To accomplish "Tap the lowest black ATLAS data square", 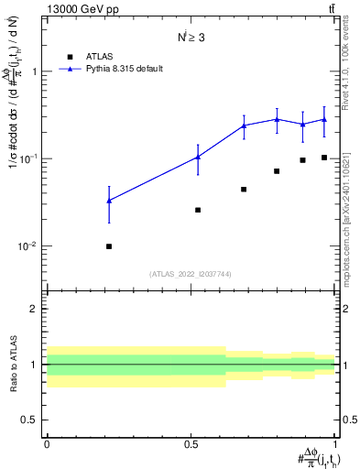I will coord(109,245).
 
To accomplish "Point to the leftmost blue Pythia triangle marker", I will coord(109,200).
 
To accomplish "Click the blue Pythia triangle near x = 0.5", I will coord(198,157).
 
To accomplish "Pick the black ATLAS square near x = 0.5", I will coord(198,210).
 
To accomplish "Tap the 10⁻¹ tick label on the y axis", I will coord(31,158).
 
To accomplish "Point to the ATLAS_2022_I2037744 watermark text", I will coord(191,273).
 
